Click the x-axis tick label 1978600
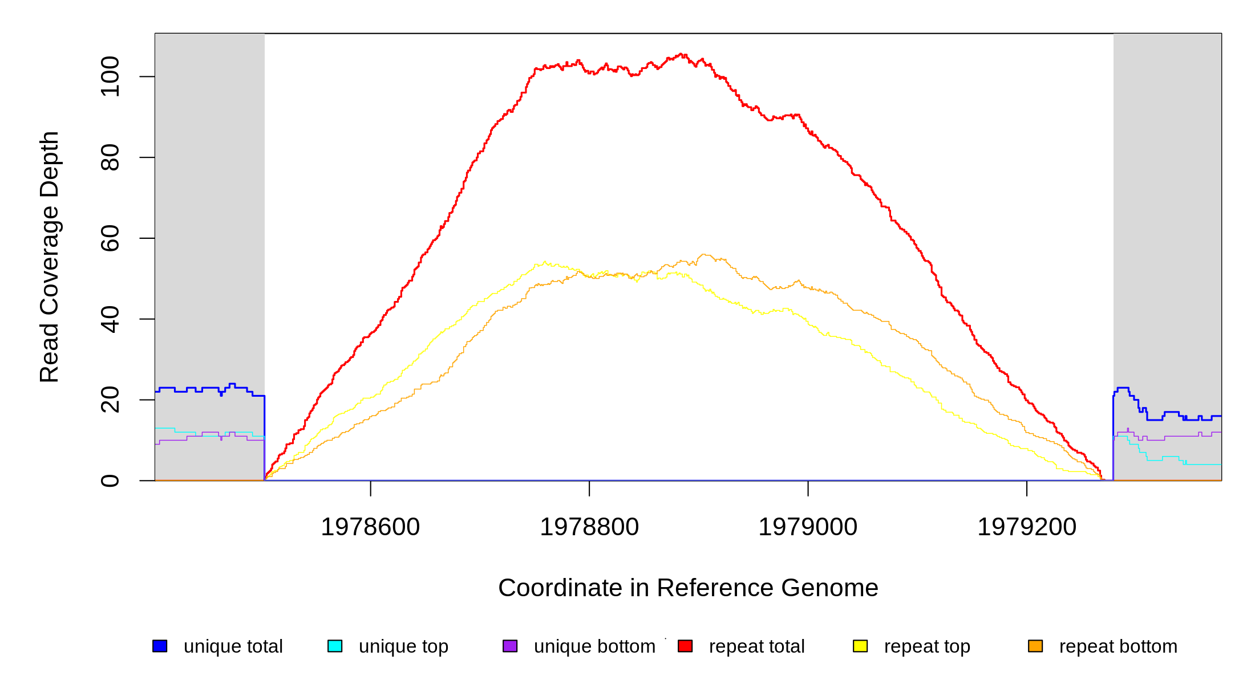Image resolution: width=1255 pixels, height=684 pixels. pyautogui.click(x=370, y=527)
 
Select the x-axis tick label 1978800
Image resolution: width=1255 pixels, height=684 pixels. pyautogui.click(x=589, y=527)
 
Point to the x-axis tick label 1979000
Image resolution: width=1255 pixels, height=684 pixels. pyautogui.click(x=808, y=527)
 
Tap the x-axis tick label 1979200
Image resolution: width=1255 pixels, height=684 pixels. pyautogui.click(x=1027, y=527)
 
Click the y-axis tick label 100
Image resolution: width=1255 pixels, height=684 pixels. pyautogui.click(x=110, y=76)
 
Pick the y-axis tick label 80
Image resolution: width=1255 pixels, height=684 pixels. pyautogui.click(x=110, y=157)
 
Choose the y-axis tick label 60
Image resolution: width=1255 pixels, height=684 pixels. pyautogui.click(x=110, y=238)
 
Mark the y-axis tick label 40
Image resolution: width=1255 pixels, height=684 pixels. pyautogui.click(x=110, y=319)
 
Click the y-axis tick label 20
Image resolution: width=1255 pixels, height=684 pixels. pyautogui.click(x=110, y=400)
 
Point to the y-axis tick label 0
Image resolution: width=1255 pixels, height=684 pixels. pyautogui.click(x=110, y=481)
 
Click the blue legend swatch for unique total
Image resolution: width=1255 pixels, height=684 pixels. pyautogui.click(x=160, y=646)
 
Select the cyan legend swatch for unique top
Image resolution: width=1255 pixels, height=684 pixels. pyautogui.click(x=335, y=646)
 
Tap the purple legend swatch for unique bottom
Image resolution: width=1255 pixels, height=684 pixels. pyautogui.click(x=510, y=646)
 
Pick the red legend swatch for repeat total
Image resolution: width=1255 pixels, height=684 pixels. pyautogui.click(x=685, y=646)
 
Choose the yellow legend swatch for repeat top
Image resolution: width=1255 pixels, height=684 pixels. pyautogui.click(x=860, y=646)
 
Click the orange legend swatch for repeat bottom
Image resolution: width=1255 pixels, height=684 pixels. pyautogui.click(x=1035, y=646)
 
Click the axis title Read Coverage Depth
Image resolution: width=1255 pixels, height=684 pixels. pyautogui.click(x=50, y=256)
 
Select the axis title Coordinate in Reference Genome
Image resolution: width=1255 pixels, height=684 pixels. pyautogui.click(x=688, y=588)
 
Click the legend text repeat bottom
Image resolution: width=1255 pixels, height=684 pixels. pyautogui.click(x=1118, y=646)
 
